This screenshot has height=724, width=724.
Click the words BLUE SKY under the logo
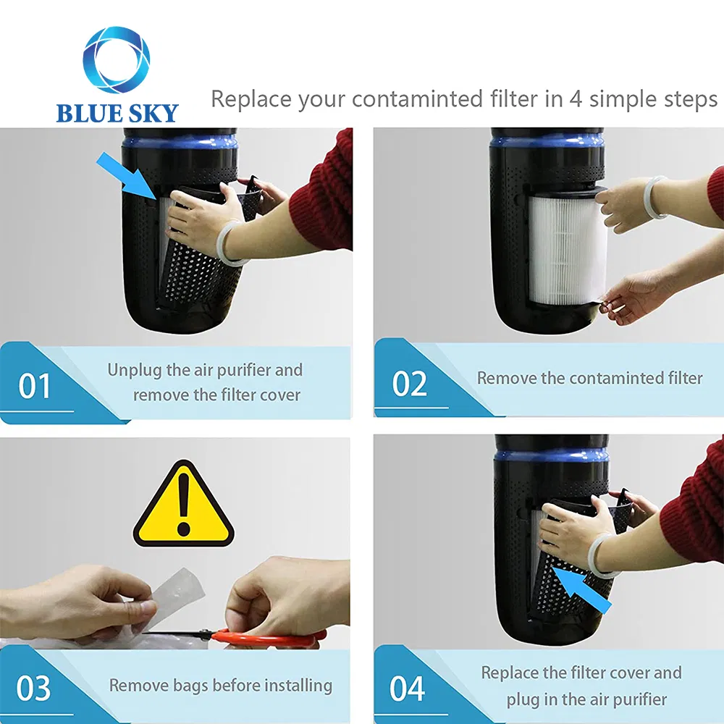point(117,113)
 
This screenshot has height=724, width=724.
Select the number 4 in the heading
point(576,98)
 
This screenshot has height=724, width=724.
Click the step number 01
point(35,386)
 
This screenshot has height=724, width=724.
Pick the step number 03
point(34,689)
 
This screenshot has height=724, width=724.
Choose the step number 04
point(408,689)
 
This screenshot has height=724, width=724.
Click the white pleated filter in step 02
point(565,246)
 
